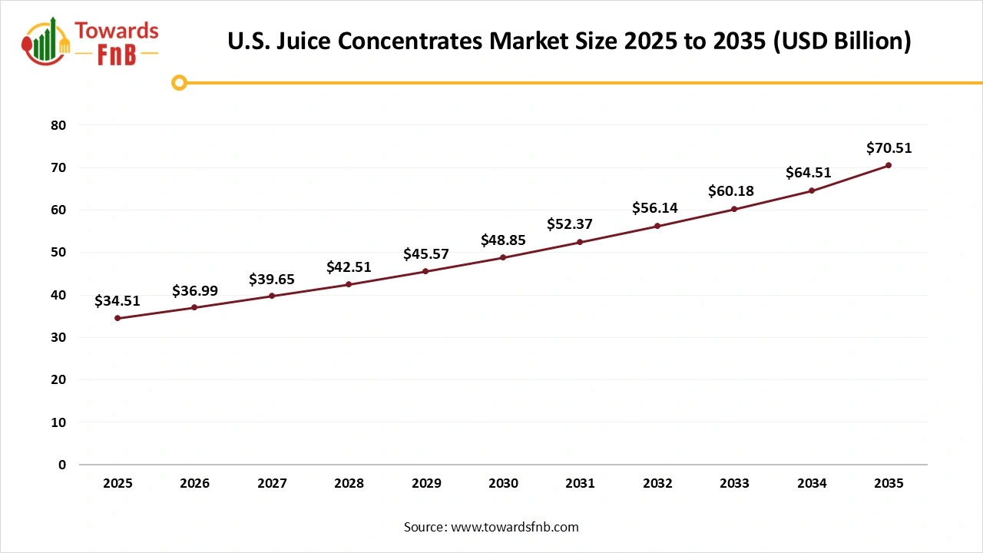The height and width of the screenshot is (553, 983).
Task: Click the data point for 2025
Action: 117,318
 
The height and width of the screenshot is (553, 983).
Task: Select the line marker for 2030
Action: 503,257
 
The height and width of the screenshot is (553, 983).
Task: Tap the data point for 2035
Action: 889,165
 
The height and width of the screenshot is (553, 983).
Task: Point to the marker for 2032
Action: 657,226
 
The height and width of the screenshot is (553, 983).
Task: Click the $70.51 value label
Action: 889,148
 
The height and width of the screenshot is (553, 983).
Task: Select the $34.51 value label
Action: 117,301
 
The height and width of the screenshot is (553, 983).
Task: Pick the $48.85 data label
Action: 503,240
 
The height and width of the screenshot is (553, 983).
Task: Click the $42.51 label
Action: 349,267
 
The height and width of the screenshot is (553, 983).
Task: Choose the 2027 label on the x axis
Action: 272,484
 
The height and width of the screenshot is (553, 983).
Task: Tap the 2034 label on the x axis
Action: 812,484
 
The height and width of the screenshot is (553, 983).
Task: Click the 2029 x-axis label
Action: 426,484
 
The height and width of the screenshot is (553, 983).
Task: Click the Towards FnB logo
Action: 91,41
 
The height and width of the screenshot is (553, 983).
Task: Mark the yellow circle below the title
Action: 179,82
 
